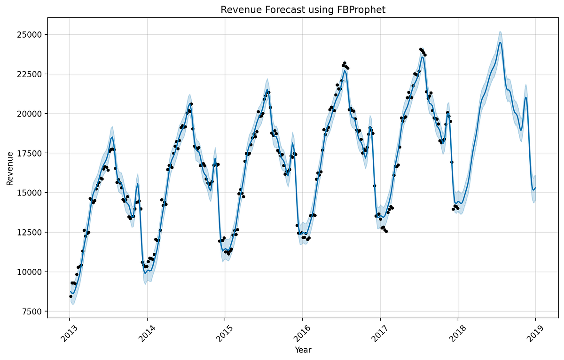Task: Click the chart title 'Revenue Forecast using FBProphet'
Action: tap(303, 10)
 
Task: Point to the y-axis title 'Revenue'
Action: tap(10, 169)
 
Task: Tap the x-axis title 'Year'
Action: tap(303, 350)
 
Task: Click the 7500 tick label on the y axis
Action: tap(32, 312)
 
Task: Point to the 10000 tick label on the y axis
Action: tap(30, 272)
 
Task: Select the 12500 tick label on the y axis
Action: tap(30, 233)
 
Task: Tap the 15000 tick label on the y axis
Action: tap(30, 193)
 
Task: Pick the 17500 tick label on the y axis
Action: tap(30, 153)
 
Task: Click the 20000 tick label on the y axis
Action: tap(30, 114)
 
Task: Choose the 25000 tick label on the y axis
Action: tap(30, 35)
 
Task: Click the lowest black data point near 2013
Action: tap(70, 296)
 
